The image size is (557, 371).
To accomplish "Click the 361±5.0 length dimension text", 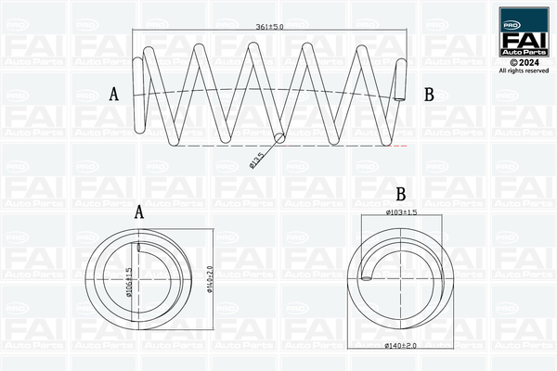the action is [x=269, y=26].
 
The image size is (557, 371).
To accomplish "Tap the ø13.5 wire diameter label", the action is [x=259, y=159].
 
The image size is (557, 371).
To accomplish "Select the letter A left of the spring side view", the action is [x=114, y=94].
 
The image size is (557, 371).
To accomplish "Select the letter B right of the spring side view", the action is [x=429, y=94].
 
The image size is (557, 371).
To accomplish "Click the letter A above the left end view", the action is [x=140, y=212].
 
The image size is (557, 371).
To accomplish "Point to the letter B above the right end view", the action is [x=401, y=196].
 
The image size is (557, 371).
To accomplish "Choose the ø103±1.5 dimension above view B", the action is [x=403, y=214].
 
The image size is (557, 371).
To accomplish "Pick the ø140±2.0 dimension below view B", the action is [x=401, y=346].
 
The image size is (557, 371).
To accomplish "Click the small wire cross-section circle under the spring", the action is [x=282, y=138].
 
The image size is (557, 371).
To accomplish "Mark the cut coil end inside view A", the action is [x=138, y=247].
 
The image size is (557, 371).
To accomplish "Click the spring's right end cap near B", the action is [x=401, y=82].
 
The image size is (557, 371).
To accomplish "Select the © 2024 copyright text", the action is [x=523, y=62].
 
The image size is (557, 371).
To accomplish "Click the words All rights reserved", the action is [x=523, y=70].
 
